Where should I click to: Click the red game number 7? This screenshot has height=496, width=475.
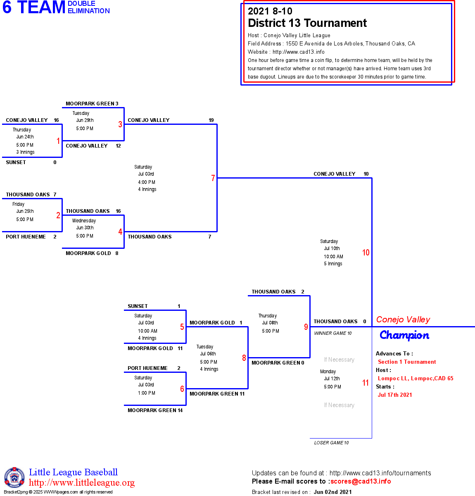click(213, 178)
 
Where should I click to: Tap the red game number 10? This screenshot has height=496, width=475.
click(366, 253)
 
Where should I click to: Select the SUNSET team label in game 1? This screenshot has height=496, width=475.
click(16, 162)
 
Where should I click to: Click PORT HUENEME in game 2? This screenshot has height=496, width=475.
click(26, 237)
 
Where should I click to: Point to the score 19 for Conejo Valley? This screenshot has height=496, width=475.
click(211, 120)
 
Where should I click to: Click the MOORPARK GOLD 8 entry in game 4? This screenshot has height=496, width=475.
click(92, 253)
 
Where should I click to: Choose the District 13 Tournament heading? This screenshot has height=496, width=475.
click(307, 23)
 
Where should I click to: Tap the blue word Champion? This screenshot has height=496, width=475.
click(404, 335)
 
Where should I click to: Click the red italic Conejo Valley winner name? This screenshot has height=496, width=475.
click(403, 320)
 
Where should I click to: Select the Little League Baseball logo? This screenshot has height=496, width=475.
click(14, 477)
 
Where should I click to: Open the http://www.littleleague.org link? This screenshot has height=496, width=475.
click(82, 483)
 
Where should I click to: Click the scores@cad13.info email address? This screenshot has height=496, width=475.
click(361, 481)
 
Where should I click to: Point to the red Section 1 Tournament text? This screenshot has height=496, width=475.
click(407, 362)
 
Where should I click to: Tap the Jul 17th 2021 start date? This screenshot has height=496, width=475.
click(395, 395)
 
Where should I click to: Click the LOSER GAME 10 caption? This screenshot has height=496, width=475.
click(331, 443)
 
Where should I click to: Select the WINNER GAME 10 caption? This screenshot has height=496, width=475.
click(333, 333)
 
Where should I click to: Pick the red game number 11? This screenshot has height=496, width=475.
click(366, 383)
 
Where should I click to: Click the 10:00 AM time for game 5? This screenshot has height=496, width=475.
click(147, 331)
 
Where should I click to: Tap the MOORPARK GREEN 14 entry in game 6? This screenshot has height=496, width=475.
click(155, 410)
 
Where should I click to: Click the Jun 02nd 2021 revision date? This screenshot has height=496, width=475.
click(332, 492)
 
